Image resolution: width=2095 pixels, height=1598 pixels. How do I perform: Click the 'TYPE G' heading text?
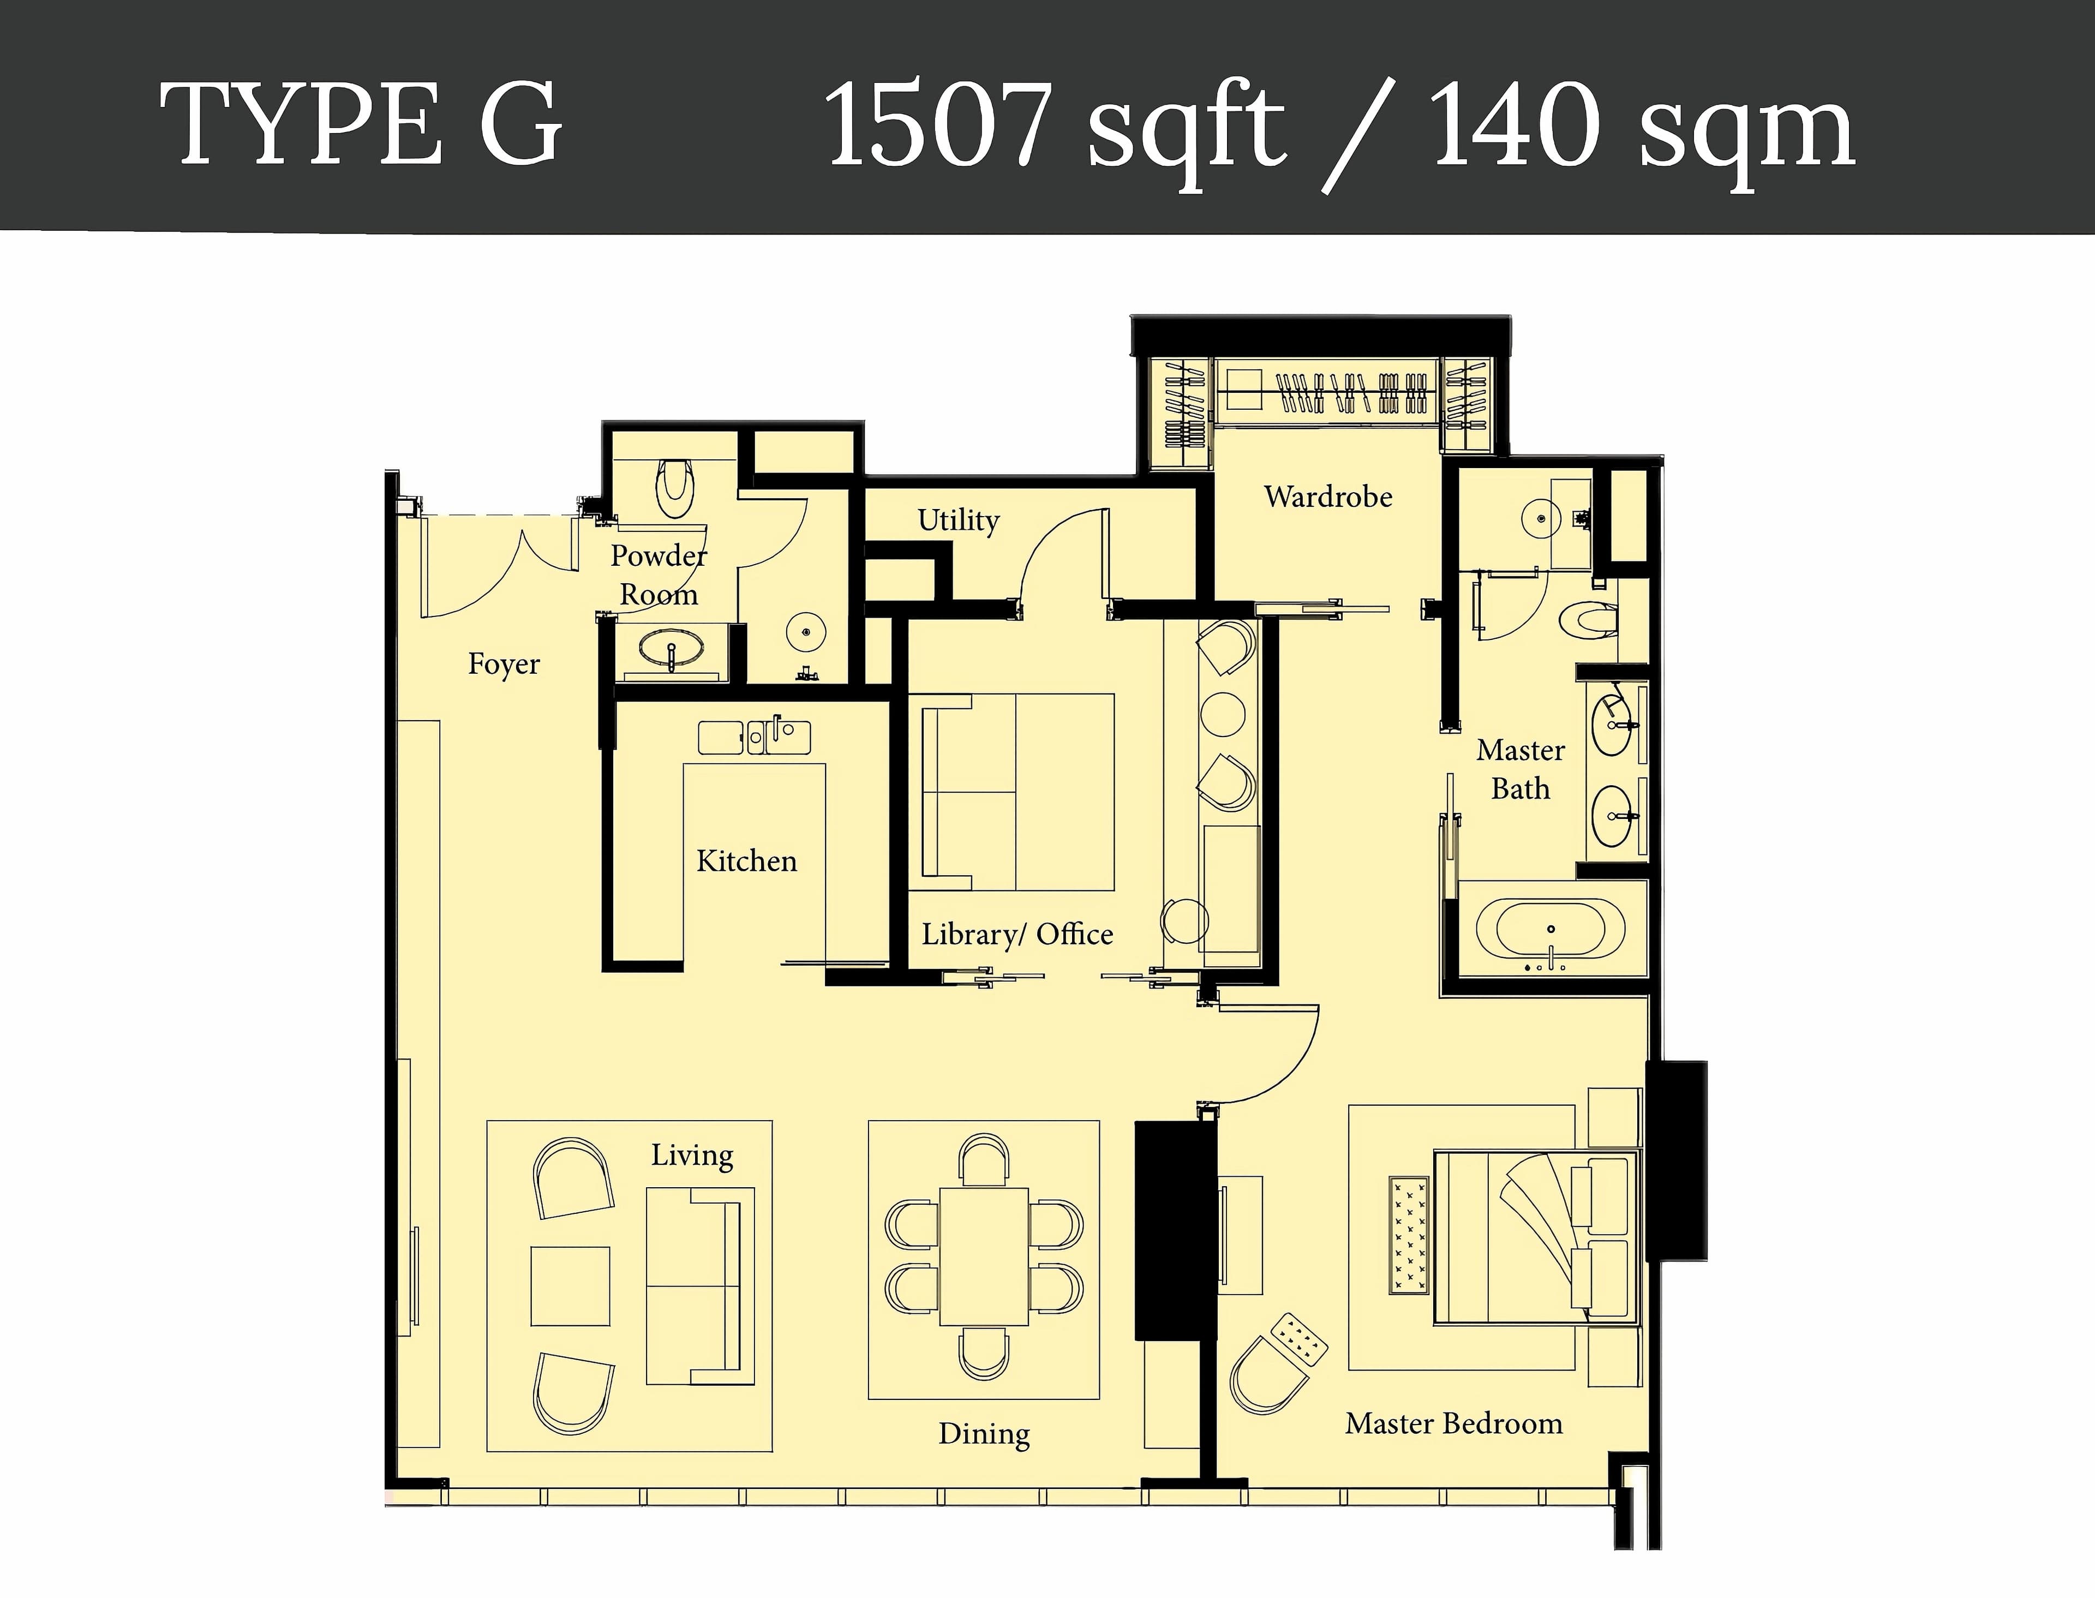point(361,124)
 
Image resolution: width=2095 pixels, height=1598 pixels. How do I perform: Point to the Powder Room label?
point(658,574)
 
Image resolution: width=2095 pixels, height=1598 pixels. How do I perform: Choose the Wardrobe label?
point(1327,496)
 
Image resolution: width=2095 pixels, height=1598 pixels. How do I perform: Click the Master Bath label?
point(1519,769)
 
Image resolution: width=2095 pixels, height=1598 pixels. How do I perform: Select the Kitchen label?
point(746,861)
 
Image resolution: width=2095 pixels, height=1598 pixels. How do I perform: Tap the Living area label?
point(691,1155)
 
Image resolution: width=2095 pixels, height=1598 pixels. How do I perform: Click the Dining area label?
point(983,1433)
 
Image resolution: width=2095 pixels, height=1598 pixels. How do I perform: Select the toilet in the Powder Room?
point(675,488)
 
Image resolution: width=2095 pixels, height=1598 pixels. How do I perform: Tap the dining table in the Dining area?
point(983,1255)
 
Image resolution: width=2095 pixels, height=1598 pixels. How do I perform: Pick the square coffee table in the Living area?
point(570,1285)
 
